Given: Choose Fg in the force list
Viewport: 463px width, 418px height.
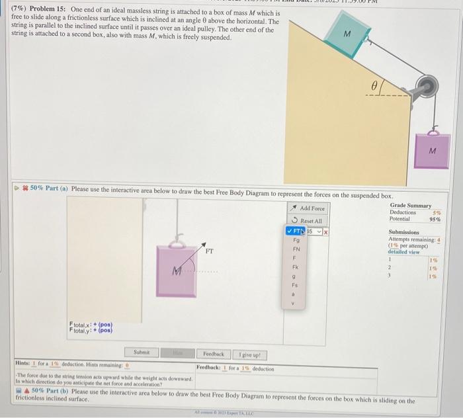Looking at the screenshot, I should pos(297,241).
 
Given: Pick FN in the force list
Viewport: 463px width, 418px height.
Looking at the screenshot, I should pos(297,250).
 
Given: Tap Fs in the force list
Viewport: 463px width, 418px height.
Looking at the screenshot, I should pos(297,287).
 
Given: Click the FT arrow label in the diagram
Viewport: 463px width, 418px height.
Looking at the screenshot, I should pos(209,251).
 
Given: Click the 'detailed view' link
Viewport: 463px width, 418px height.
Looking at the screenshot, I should pos(402,252).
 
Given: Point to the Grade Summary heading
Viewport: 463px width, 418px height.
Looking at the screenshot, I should pos(410,205).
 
